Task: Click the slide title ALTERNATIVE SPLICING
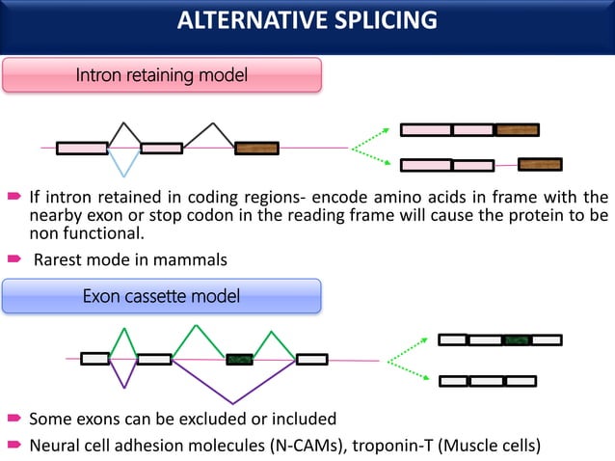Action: [307, 20]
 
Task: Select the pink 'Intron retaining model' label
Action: [162, 74]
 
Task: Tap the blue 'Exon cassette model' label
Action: [162, 296]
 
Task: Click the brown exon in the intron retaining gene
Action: [256, 149]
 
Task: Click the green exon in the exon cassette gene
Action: [239, 359]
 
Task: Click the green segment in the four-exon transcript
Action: [518, 339]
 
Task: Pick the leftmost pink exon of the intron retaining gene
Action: [82, 149]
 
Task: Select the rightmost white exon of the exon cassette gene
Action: [311, 359]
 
